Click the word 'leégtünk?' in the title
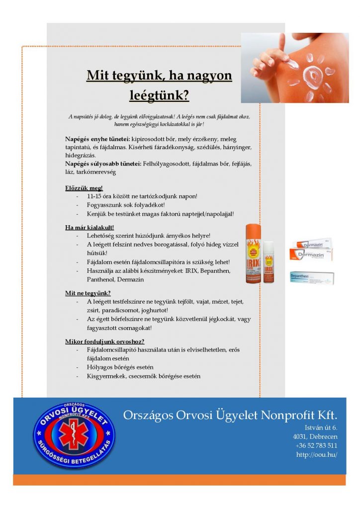click(159, 94)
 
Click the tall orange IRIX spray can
click(254, 254)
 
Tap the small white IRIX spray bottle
click(269, 262)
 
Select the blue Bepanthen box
click(311, 277)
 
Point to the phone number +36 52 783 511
click(316, 445)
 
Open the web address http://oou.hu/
click(317, 454)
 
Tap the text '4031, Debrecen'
click(315, 436)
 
